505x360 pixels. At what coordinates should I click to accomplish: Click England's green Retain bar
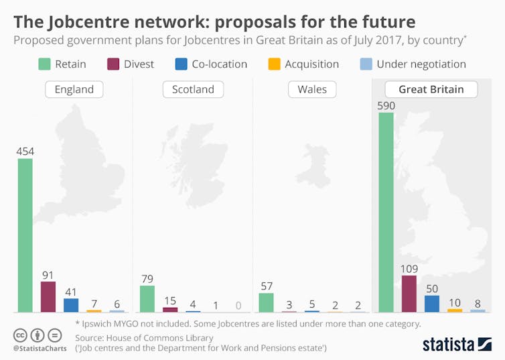25,235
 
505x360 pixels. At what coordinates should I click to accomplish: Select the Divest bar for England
48,296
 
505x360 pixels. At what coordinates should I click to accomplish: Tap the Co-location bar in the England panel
71,305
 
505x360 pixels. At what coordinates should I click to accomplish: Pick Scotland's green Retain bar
147,298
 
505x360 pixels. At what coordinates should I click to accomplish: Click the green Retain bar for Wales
266,302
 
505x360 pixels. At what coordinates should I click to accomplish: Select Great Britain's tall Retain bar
386,212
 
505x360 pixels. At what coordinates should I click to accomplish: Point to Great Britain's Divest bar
409,293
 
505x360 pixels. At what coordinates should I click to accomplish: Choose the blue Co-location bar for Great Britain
432,303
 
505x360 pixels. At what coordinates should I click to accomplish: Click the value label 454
25,152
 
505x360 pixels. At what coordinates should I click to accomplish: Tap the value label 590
386,105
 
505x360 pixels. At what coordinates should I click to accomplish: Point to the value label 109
409,268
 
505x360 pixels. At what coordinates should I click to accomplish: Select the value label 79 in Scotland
147,278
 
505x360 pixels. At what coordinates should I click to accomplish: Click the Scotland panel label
193,89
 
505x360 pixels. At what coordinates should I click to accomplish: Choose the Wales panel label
313,89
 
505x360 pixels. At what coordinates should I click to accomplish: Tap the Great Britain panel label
431,89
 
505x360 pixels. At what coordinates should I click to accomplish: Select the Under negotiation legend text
421,64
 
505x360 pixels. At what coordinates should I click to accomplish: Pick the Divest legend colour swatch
114,64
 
